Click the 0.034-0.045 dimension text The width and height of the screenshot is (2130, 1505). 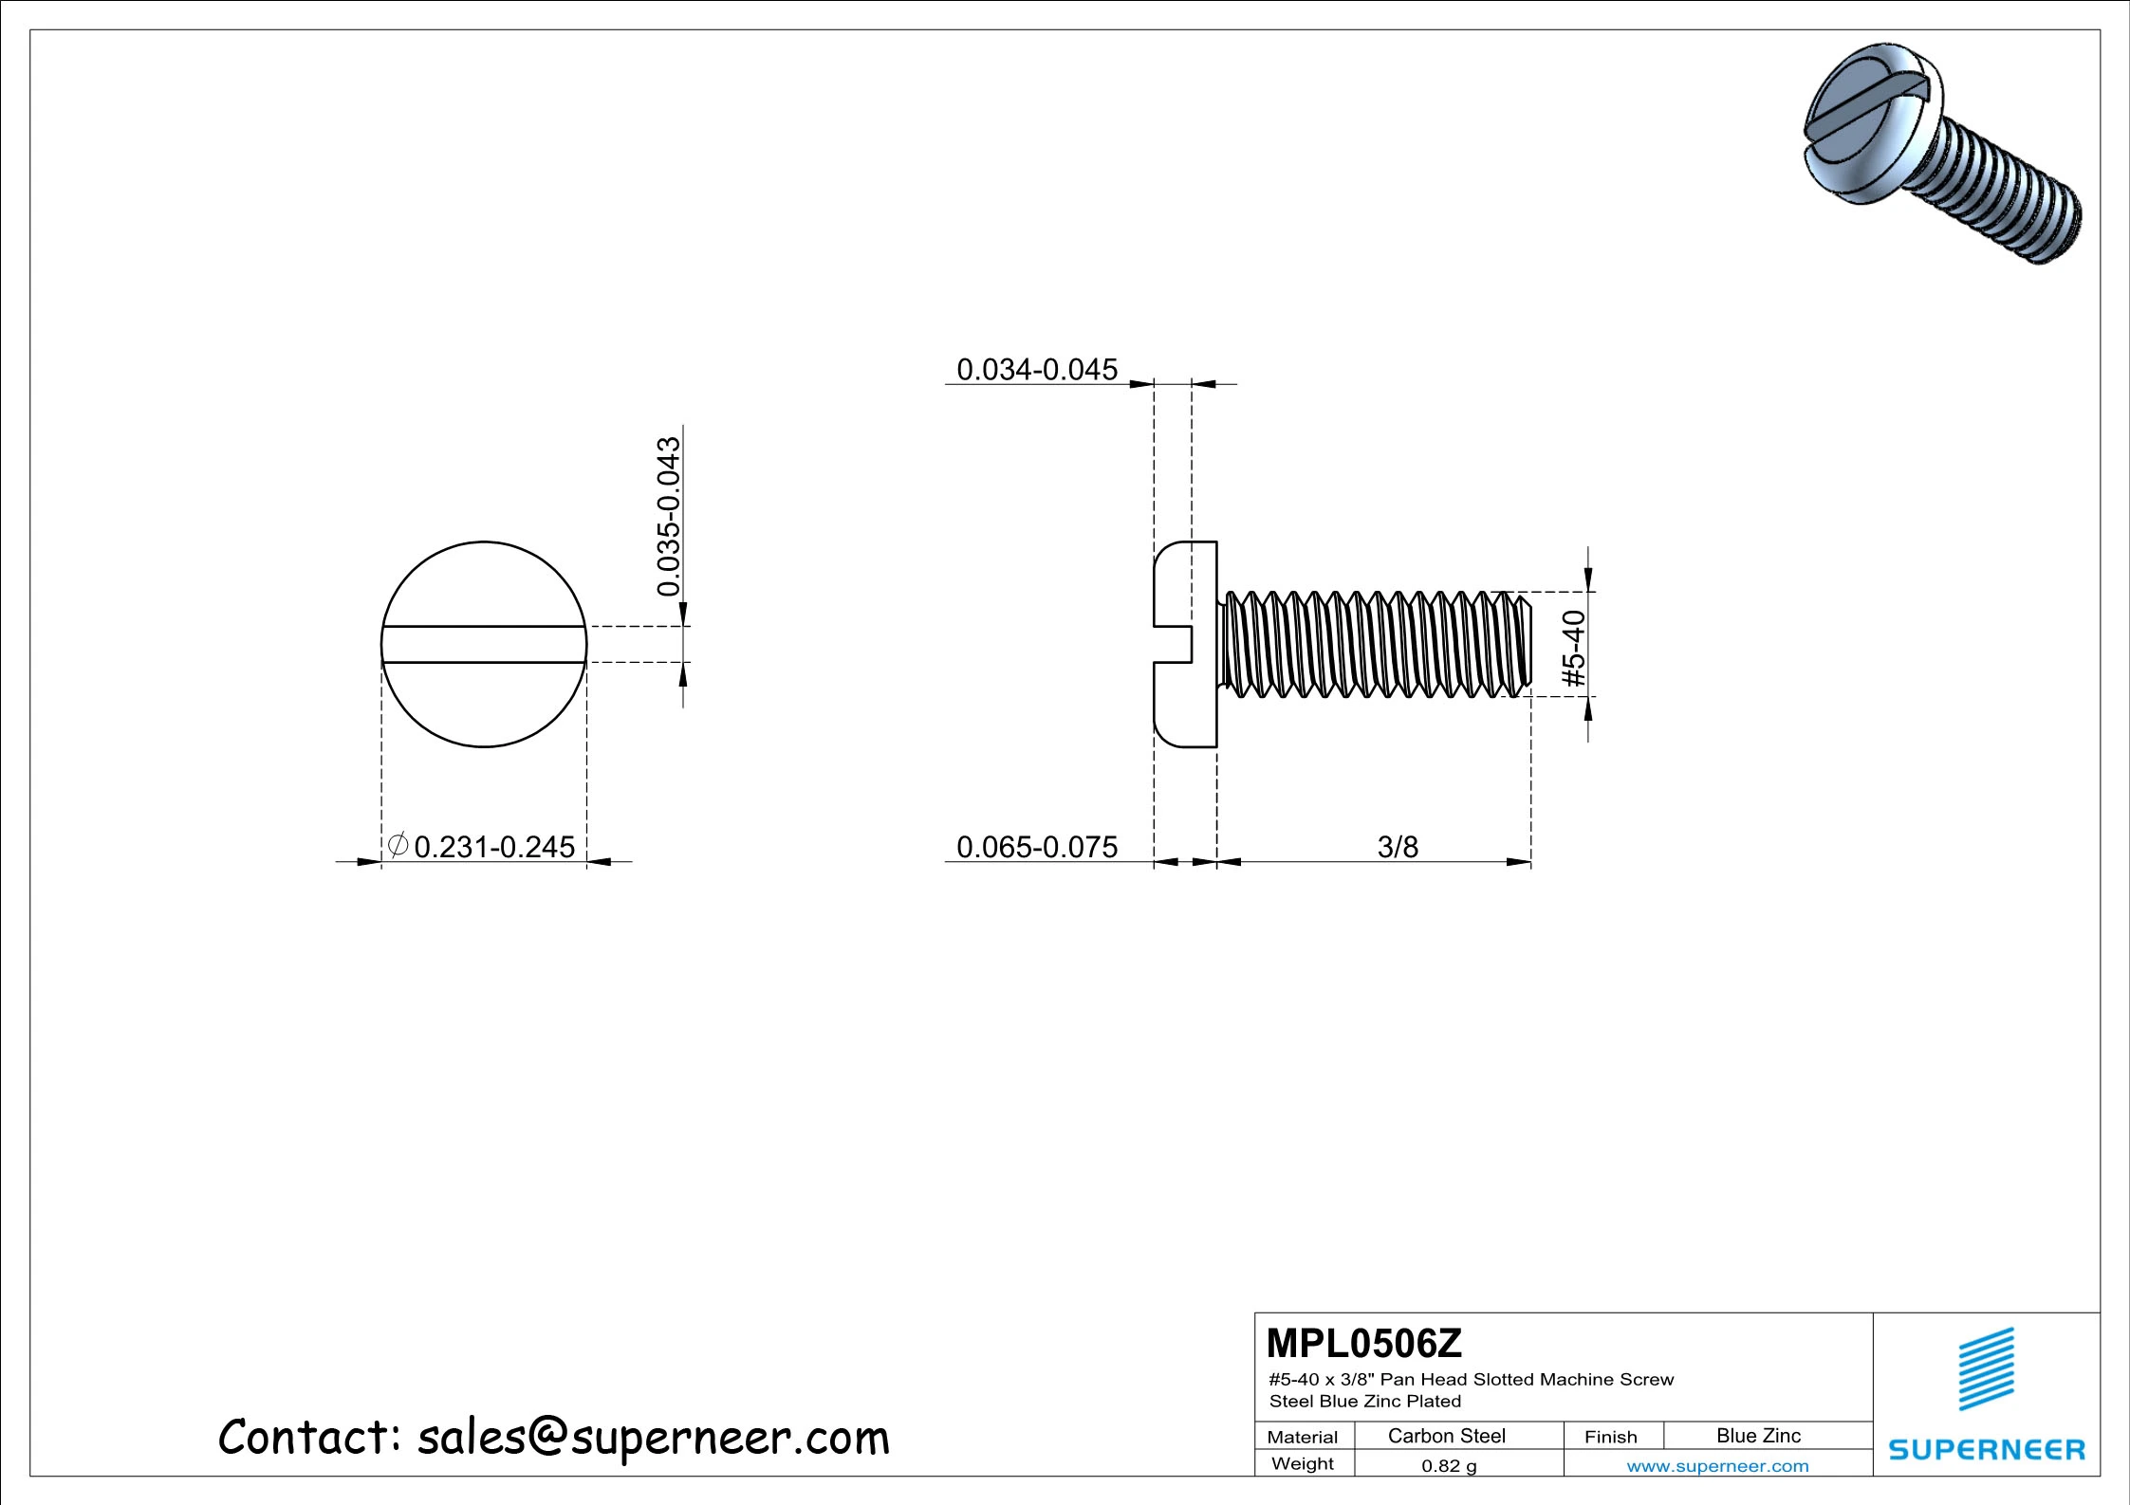click(1036, 369)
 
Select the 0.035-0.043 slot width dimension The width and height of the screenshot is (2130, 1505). click(669, 516)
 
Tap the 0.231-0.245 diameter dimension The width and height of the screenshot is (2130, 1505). click(494, 846)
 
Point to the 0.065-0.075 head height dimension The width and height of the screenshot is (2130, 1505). click(1036, 846)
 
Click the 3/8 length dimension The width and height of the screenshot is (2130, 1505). click(1397, 846)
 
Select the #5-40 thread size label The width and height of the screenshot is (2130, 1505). click(1573, 649)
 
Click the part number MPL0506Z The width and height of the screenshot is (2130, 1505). click(1363, 1343)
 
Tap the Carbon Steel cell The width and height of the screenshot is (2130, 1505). click(1445, 1436)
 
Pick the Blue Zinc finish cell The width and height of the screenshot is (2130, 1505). click(1757, 1436)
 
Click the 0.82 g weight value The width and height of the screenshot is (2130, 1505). click(1448, 1465)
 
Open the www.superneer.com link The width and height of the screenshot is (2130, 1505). click(1716, 1466)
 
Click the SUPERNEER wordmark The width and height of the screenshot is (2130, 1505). click(1986, 1449)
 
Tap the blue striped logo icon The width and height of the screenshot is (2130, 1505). click(1986, 1368)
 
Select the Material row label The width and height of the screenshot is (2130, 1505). click(1302, 1437)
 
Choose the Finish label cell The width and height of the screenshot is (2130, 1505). click(1610, 1437)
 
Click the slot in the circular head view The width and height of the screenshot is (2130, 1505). click(484, 644)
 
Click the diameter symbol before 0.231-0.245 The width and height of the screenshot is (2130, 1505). click(398, 843)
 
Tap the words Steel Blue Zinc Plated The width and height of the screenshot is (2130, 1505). click(1364, 1401)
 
